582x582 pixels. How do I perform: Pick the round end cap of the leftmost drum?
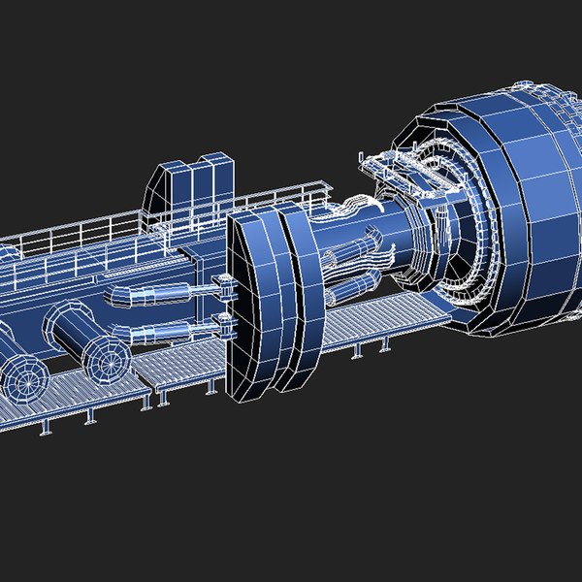24,373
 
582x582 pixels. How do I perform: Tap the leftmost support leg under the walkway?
45,428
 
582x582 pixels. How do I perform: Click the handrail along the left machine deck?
78,228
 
